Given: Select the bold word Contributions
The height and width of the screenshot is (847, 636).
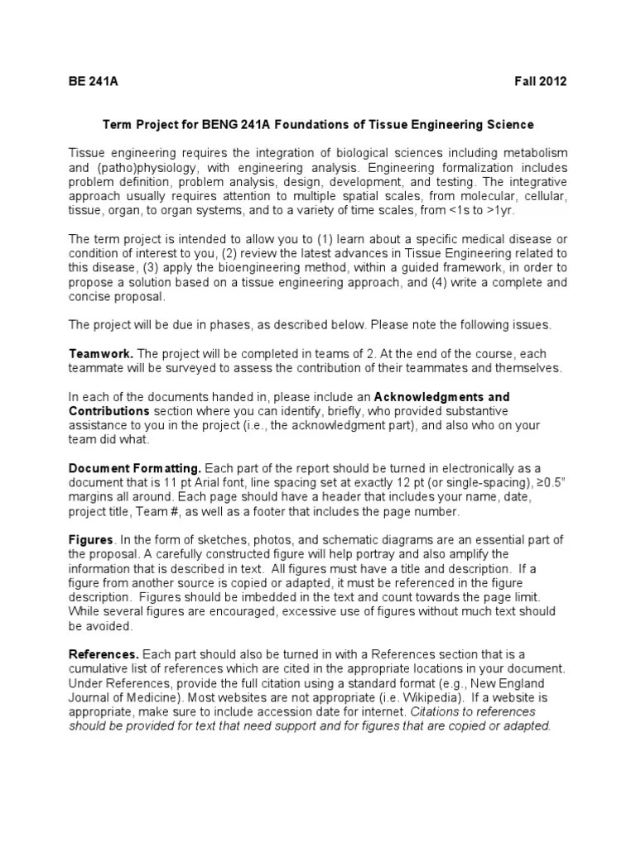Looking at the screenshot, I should [109, 410].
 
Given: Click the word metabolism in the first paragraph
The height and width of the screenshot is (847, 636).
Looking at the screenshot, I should [535, 153].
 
